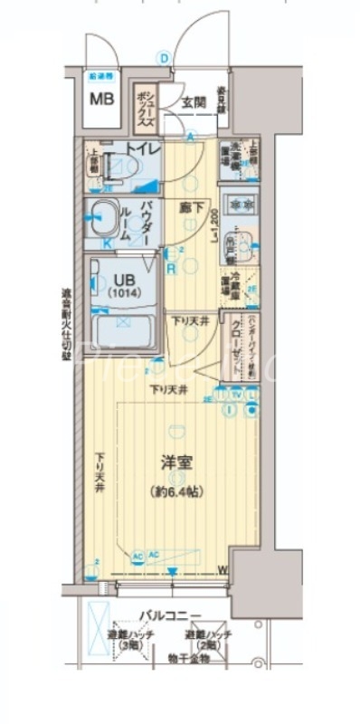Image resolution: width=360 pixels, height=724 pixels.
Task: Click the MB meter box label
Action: point(101,97)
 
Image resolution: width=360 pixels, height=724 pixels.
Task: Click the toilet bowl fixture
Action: point(118,167)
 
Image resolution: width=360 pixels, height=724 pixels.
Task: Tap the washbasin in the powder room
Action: point(104,218)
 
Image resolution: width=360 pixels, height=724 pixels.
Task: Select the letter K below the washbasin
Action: point(107,243)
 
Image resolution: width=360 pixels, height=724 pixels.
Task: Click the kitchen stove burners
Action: point(240,205)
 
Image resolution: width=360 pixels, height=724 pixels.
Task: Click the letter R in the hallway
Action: point(170,268)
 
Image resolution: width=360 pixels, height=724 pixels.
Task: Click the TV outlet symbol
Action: point(236,395)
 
